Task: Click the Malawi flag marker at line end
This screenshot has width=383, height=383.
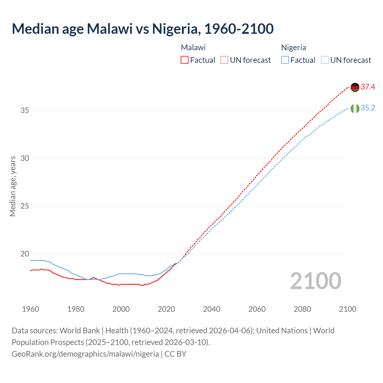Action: [x=355, y=87]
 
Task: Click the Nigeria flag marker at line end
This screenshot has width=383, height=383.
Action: [x=355, y=108]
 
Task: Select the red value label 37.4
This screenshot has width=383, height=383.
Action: [x=368, y=87]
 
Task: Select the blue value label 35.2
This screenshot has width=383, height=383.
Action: [x=368, y=108]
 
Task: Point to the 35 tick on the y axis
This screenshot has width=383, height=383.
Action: [x=25, y=111]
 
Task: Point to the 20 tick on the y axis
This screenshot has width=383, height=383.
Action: [x=25, y=254]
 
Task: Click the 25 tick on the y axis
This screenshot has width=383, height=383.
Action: [x=25, y=206]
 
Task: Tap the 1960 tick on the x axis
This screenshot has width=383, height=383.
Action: [x=31, y=309]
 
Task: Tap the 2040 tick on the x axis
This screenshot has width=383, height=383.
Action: [x=212, y=309]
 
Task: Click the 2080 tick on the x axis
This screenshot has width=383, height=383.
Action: [x=302, y=309]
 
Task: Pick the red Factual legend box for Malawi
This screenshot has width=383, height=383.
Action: [x=185, y=60]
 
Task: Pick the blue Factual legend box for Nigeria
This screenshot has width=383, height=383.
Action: [x=285, y=60]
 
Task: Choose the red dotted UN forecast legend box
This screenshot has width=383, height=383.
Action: [x=224, y=60]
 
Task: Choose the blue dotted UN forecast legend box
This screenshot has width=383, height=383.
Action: [x=325, y=60]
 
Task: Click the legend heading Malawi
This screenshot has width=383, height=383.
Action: [x=193, y=48]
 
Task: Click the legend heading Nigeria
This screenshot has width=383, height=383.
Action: [x=294, y=48]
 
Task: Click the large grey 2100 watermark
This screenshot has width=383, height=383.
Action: [x=315, y=281]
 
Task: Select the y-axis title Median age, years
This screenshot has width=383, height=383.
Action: [x=13, y=186]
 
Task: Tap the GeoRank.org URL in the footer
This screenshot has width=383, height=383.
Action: [x=85, y=354]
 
